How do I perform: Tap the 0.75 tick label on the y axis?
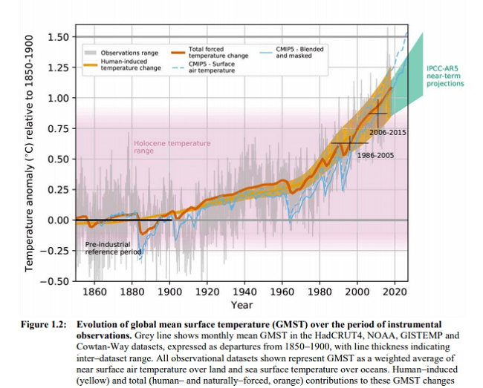pyautogui.click(x=57, y=129)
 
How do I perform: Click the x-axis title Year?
pyautogui.click(x=241, y=305)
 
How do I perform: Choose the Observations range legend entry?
pyautogui.click(x=124, y=53)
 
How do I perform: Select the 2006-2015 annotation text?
pyautogui.click(x=386, y=132)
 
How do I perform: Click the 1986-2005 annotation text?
pyautogui.click(x=375, y=156)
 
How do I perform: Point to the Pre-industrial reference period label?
pyautogui.click(x=112, y=248)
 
